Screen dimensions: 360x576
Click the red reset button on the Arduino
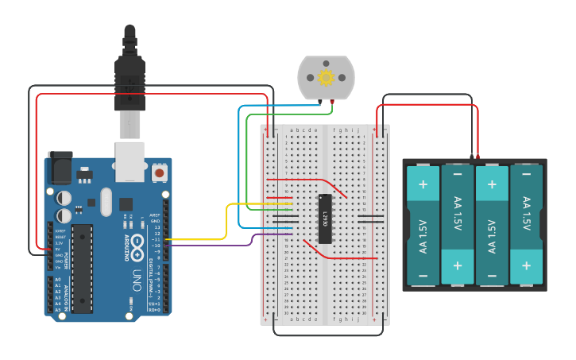(x=160, y=172)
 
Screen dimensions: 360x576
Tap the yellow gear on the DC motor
(x=325, y=78)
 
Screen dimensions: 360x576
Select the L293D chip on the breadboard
(x=324, y=218)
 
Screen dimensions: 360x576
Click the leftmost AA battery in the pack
(x=423, y=225)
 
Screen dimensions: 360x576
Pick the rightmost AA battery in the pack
(x=526, y=225)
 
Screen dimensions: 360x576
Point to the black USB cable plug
(x=130, y=79)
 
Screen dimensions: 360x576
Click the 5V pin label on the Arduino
(x=57, y=249)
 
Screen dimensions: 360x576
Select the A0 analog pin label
(x=57, y=280)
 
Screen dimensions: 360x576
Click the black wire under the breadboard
(x=326, y=335)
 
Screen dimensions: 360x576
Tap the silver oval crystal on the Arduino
(x=106, y=202)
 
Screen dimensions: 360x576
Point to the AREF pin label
(x=156, y=215)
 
